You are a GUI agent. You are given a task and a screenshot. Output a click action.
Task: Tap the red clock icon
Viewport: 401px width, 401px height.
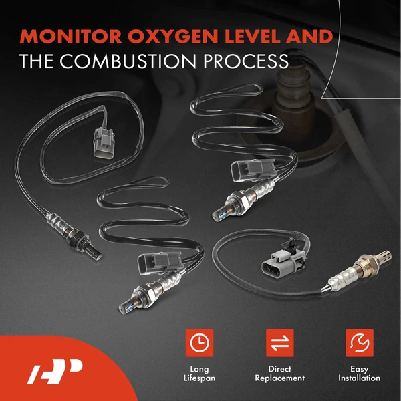tap(198, 342)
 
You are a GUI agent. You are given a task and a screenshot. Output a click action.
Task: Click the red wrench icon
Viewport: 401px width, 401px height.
tap(360, 342)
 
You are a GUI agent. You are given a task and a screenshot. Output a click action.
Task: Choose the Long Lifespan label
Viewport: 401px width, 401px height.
tap(198, 374)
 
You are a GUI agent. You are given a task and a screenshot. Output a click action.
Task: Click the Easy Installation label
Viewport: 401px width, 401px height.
tap(360, 374)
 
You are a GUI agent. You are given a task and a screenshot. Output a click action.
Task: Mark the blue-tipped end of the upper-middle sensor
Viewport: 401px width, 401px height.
tap(218, 215)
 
